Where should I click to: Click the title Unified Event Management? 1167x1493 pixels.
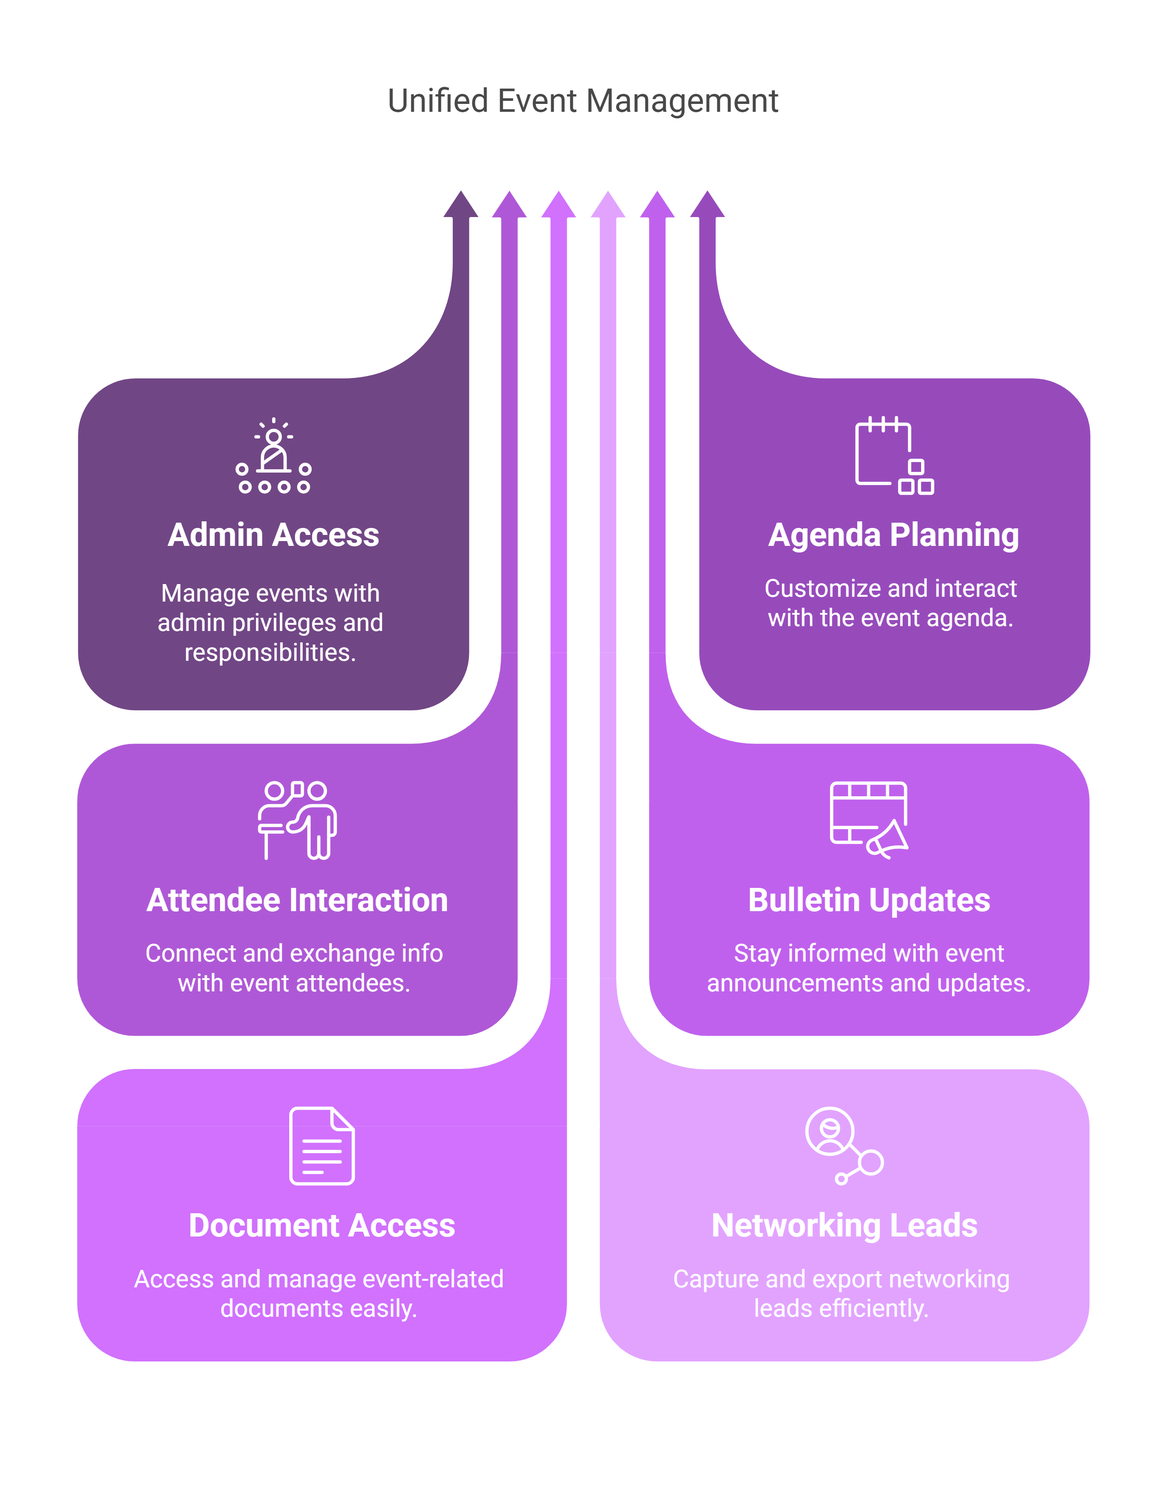click(x=583, y=101)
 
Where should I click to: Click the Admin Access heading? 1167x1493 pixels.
click(x=273, y=534)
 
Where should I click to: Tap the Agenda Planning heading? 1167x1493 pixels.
click(x=893, y=534)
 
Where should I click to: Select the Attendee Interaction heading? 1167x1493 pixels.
click(x=297, y=900)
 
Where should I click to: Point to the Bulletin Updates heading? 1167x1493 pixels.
click(x=869, y=900)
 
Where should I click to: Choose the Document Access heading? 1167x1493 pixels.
click(x=322, y=1225)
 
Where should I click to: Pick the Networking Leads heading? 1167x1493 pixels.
click(x=844, y=1225)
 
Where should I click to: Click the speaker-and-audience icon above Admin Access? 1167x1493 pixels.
click(x=273, y=456)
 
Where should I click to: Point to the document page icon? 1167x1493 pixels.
click(x=322, y=1146)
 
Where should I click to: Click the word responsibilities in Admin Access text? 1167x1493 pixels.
click(x=270, y=652)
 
